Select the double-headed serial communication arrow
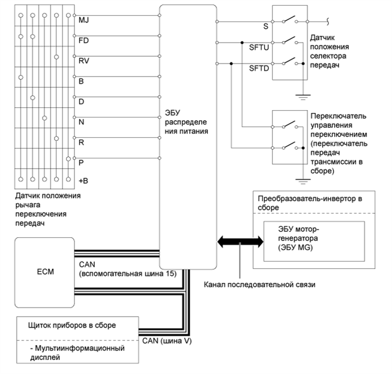240,242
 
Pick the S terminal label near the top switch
266,26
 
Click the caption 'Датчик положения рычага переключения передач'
49,209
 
